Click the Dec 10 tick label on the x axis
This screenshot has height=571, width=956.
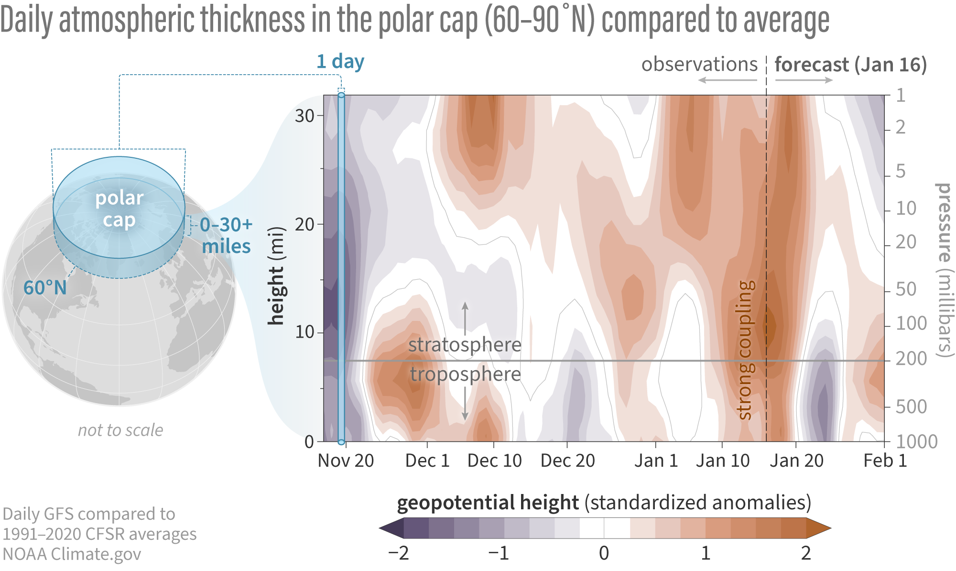[x=494, y=461]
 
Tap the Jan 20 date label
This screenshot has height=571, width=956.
[x=796, y=461]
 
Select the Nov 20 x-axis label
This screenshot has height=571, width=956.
[x=346, y=461]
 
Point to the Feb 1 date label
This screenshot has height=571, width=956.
[x=885, y=461]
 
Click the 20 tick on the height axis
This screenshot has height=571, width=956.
[x=304, y=224]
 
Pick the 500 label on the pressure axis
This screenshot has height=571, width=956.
[x=911, y=407]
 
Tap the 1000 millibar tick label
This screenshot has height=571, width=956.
[x=916, y=441]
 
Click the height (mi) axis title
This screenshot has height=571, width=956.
[x=276, y=276]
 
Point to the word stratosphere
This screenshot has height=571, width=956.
[x=465, y=345]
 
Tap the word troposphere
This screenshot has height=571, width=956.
[x=465, y=374]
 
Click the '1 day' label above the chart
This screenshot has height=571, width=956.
[x=340, y=62]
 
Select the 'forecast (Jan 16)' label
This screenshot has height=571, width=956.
[x=850, y=65]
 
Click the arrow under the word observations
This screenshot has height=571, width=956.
[x=727, y=80]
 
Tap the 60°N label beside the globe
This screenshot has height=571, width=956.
[x=45, y=288]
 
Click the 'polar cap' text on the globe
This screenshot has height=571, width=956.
[x=119, y=209]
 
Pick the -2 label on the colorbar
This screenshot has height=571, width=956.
[x=398, y=553]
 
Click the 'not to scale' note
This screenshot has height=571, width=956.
[x=120, y=430]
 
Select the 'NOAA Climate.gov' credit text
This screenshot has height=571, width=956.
[x=72, y=554]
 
